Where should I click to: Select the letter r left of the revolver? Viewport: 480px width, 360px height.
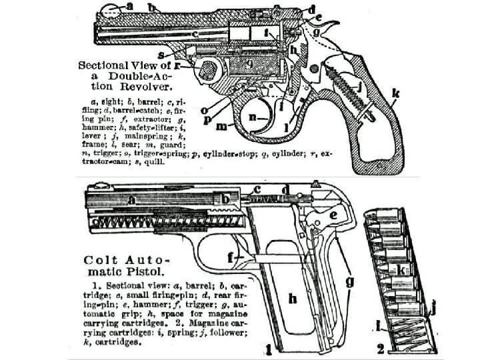(178, 66)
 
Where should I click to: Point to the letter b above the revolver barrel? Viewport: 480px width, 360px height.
(153, 8)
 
